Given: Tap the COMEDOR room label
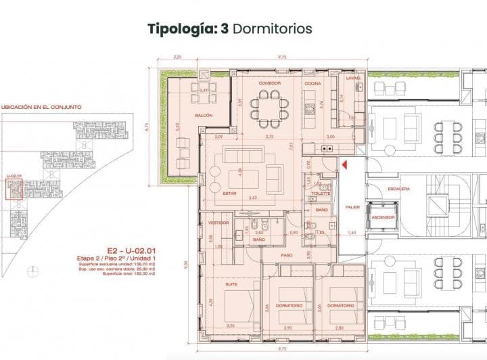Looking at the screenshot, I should click(x=270, y=83).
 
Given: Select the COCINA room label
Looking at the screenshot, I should click(x=311, y=83).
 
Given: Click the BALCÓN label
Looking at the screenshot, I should click(x=204, y=116).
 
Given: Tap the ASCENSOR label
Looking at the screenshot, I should click(x=383, y=217).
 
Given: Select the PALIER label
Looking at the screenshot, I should click(x=352, y=206).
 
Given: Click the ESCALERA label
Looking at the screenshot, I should click(x=398, y=189).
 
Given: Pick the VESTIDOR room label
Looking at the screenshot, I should click(x=218, y=222).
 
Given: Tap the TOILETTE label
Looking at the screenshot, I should click(x=321, y=193).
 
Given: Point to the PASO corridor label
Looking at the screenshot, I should click(x=287, y=255).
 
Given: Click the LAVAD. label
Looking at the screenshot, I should click(x=352, y=78).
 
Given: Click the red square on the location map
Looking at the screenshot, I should click(x=14, y=190).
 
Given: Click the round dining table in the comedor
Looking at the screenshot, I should click(x=269, y=109).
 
